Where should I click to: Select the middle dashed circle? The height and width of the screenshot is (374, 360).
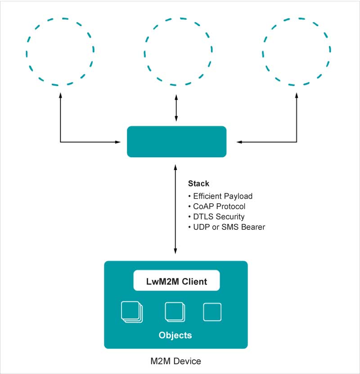point(176,51)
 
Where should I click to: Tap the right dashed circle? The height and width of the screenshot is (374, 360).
point(297,51)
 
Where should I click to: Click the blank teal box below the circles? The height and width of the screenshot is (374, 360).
point(176,141)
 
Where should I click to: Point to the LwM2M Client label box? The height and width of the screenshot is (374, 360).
point(176,281)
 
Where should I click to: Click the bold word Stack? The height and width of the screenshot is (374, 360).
point(198,184)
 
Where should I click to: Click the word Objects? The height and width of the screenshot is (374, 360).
point(175,335)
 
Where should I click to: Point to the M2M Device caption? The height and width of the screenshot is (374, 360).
point(175,361)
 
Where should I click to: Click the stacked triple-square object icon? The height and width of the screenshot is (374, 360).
point(132,312)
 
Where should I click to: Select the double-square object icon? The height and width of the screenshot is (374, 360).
point(175,312)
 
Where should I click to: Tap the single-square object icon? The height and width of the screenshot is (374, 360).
point(212,312)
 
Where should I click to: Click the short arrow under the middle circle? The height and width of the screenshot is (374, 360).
point(176,109)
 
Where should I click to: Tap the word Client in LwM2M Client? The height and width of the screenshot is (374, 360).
point(192,282)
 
